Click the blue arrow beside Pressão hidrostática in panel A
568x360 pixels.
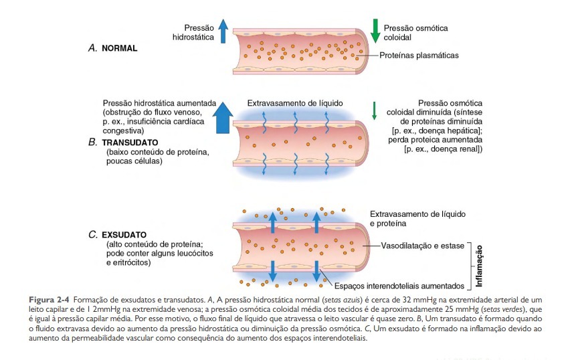(223, 31)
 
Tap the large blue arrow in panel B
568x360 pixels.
(223, 118)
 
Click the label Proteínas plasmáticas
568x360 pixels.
(419, 56)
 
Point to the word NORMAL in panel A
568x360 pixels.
(120, 49)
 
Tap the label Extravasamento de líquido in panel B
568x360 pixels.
(295, 104)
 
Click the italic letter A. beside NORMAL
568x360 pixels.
(93, 49)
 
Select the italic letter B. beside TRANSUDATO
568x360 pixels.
(93, 143)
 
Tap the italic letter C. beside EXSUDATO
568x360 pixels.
(93, 236)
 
